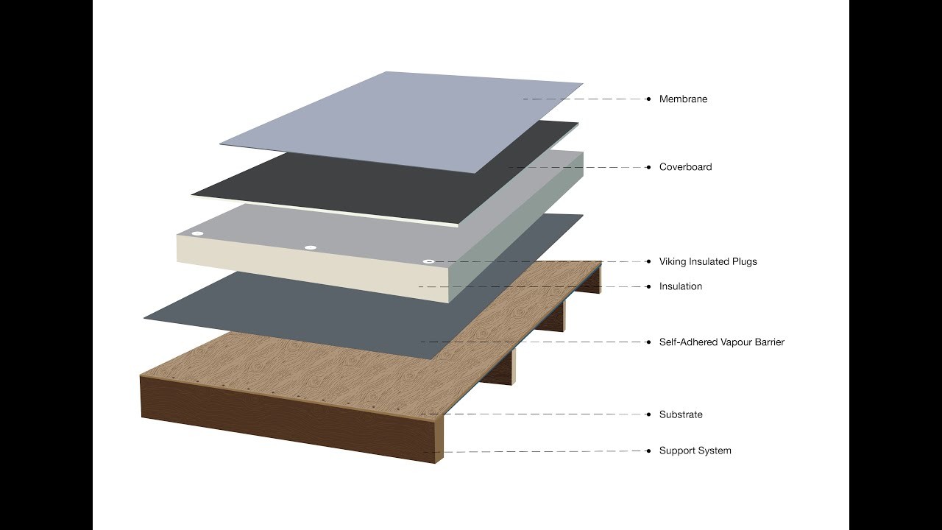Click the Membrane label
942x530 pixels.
[683, 99]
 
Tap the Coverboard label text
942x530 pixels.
[685, 167]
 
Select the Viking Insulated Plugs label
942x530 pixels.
[708, 261]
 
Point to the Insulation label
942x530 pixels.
[681, 286]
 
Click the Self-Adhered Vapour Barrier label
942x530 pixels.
[722, 342]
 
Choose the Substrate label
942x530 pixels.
[681, 414]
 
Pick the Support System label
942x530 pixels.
[695, 451]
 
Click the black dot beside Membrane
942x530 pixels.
[648, 99]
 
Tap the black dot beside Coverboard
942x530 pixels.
[648, 167]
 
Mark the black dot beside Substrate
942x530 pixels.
[648, 414]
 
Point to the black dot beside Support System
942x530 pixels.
[648, 451]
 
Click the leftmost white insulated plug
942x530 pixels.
[197, 233]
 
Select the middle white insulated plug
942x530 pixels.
[311, 247]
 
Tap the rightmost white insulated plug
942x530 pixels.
[428, 261]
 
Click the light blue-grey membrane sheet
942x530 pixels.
[402, 122]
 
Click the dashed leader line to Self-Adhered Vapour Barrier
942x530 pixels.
[534, 342]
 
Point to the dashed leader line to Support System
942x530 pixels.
[534, 451]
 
